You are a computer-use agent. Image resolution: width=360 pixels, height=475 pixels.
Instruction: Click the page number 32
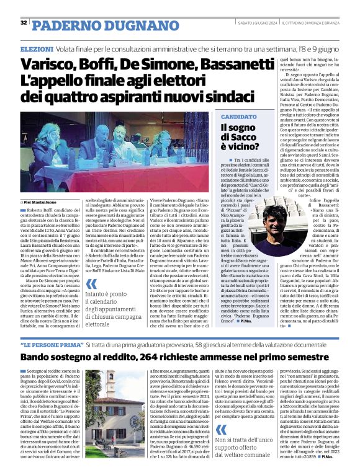coord(24,23)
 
